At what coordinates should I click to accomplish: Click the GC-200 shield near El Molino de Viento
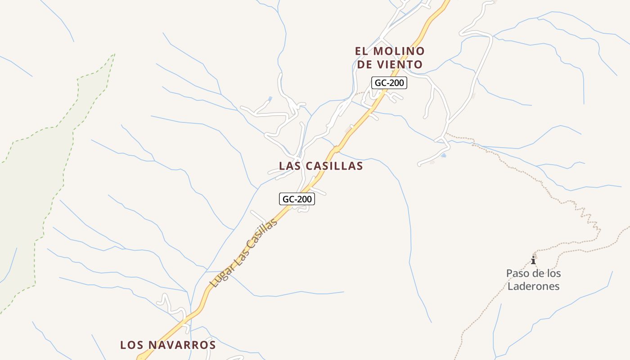(x=389, y=83)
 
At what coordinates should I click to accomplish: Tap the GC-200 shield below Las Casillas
(x=297, y=199)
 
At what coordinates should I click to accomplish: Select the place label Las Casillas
(x=321, y=166)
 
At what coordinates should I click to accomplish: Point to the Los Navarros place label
(x=168, y=345)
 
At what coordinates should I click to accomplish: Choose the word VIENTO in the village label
(x=400, y=64)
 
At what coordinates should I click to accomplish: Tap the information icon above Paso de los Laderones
(x=533, y=260)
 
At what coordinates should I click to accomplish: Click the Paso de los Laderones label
(x=533, y=279)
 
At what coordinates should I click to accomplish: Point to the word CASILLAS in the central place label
(x=334, y=166)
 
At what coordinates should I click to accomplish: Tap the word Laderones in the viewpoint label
(x=533, y=286)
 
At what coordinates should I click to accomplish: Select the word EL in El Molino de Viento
(x=362, y=51)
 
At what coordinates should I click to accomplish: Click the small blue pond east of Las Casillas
(x=444, y=155)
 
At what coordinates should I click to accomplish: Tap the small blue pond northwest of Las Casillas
(x=270, y=99)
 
